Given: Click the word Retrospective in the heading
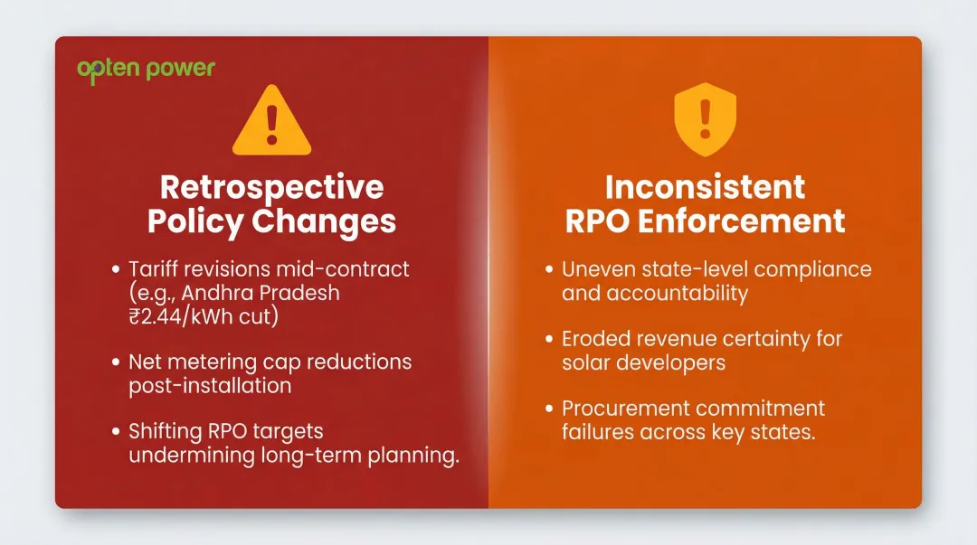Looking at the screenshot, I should (x=271, y=187).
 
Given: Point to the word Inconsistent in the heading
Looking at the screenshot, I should (x=705, y=187).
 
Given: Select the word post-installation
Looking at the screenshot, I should (x=210, y=385).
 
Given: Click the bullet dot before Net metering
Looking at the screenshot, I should (x=116, y=362).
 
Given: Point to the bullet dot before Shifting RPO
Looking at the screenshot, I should (x=116, y=432).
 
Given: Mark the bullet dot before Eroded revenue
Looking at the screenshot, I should (x=549, y=339).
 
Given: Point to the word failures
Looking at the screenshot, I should (x=596, y=432).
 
